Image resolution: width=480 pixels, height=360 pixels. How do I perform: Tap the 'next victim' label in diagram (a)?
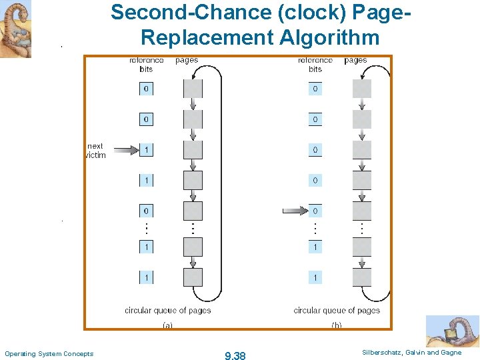click(x=96, y=150)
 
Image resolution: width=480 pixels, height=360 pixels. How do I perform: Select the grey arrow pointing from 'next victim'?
click(x=123, y=150)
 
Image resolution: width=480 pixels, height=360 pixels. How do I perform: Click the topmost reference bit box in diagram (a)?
click(x=146, y=89)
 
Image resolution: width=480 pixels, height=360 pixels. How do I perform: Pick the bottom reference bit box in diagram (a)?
click(x=146, y=277)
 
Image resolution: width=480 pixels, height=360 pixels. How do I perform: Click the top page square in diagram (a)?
click(x=193, y=89)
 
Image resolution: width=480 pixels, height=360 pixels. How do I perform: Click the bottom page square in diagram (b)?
click(x=362, y=277)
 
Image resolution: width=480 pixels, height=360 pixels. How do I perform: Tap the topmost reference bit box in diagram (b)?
click(x=315, y=89)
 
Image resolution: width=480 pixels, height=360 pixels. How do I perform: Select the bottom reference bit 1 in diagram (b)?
click(x=315, y=277)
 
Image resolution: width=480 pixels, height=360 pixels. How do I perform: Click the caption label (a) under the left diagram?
click(x=167, y=325)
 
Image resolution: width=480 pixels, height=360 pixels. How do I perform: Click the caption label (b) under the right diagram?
click(x=337, y=325)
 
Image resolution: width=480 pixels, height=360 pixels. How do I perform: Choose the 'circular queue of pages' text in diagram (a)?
click(x=167, y=310)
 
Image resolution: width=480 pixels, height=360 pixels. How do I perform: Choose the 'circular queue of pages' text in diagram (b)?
click(x=337, y=310)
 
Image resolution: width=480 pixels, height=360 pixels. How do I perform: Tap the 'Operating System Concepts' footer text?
click(x=49, y=353)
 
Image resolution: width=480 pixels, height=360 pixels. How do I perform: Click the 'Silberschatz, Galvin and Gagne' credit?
click(x=411, y=352)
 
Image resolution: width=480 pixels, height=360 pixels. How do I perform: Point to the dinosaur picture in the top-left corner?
click(x=15, y=29)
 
